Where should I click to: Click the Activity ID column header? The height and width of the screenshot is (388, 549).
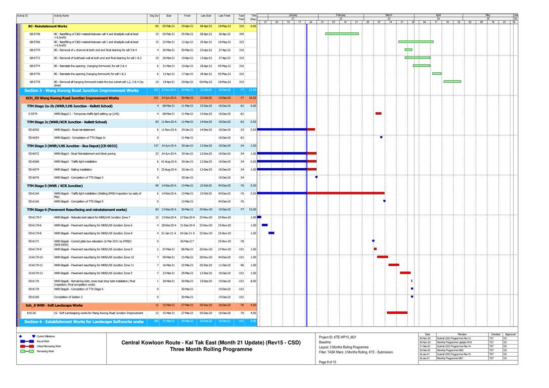[23, 16]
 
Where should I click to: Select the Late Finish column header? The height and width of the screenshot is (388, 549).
[224, 16]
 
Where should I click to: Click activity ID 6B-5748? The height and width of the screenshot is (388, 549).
[34, 34]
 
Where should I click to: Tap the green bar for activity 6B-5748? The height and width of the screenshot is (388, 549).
[342, 34]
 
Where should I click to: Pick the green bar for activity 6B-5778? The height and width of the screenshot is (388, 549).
[452, 81]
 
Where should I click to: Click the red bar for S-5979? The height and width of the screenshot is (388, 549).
[378, 114]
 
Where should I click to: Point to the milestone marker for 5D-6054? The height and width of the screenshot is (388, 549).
[381, 137]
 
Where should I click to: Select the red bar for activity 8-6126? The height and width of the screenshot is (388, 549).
[397, 313]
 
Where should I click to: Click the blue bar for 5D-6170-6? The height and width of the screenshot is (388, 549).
[264, 225]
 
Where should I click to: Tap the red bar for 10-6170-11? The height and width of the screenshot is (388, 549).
[393, 265]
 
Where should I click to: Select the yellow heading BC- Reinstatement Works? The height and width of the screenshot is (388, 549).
[48, 26]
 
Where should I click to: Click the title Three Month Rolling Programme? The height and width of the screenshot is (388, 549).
[211, 349]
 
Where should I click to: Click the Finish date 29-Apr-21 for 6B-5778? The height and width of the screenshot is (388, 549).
[188, 81]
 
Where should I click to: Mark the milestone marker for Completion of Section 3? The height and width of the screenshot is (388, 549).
[412, 297]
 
